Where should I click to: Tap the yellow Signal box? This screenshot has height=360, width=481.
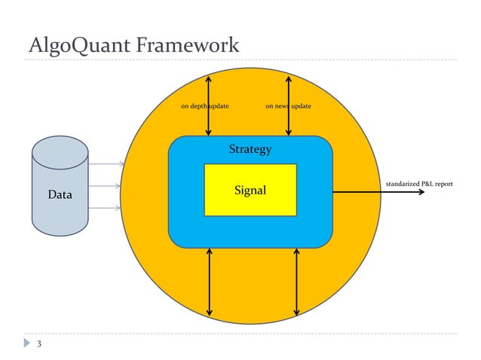250,190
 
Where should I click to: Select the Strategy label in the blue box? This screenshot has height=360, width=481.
250,149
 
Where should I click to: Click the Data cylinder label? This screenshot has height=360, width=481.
60,194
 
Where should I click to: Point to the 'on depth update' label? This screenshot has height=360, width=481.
204,106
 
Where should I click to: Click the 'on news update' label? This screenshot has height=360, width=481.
288,106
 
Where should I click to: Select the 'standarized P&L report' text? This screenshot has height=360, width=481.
419,183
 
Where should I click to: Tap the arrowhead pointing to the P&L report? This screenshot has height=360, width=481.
422,192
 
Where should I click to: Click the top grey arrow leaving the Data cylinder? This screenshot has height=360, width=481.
106,163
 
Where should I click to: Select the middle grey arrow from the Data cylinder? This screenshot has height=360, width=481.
106,185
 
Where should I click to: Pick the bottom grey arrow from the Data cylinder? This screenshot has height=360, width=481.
106,208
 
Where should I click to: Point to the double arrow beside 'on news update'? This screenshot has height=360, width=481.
288,90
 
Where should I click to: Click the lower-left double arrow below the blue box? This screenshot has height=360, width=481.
209,282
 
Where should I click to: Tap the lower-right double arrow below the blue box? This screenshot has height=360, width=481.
296,282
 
